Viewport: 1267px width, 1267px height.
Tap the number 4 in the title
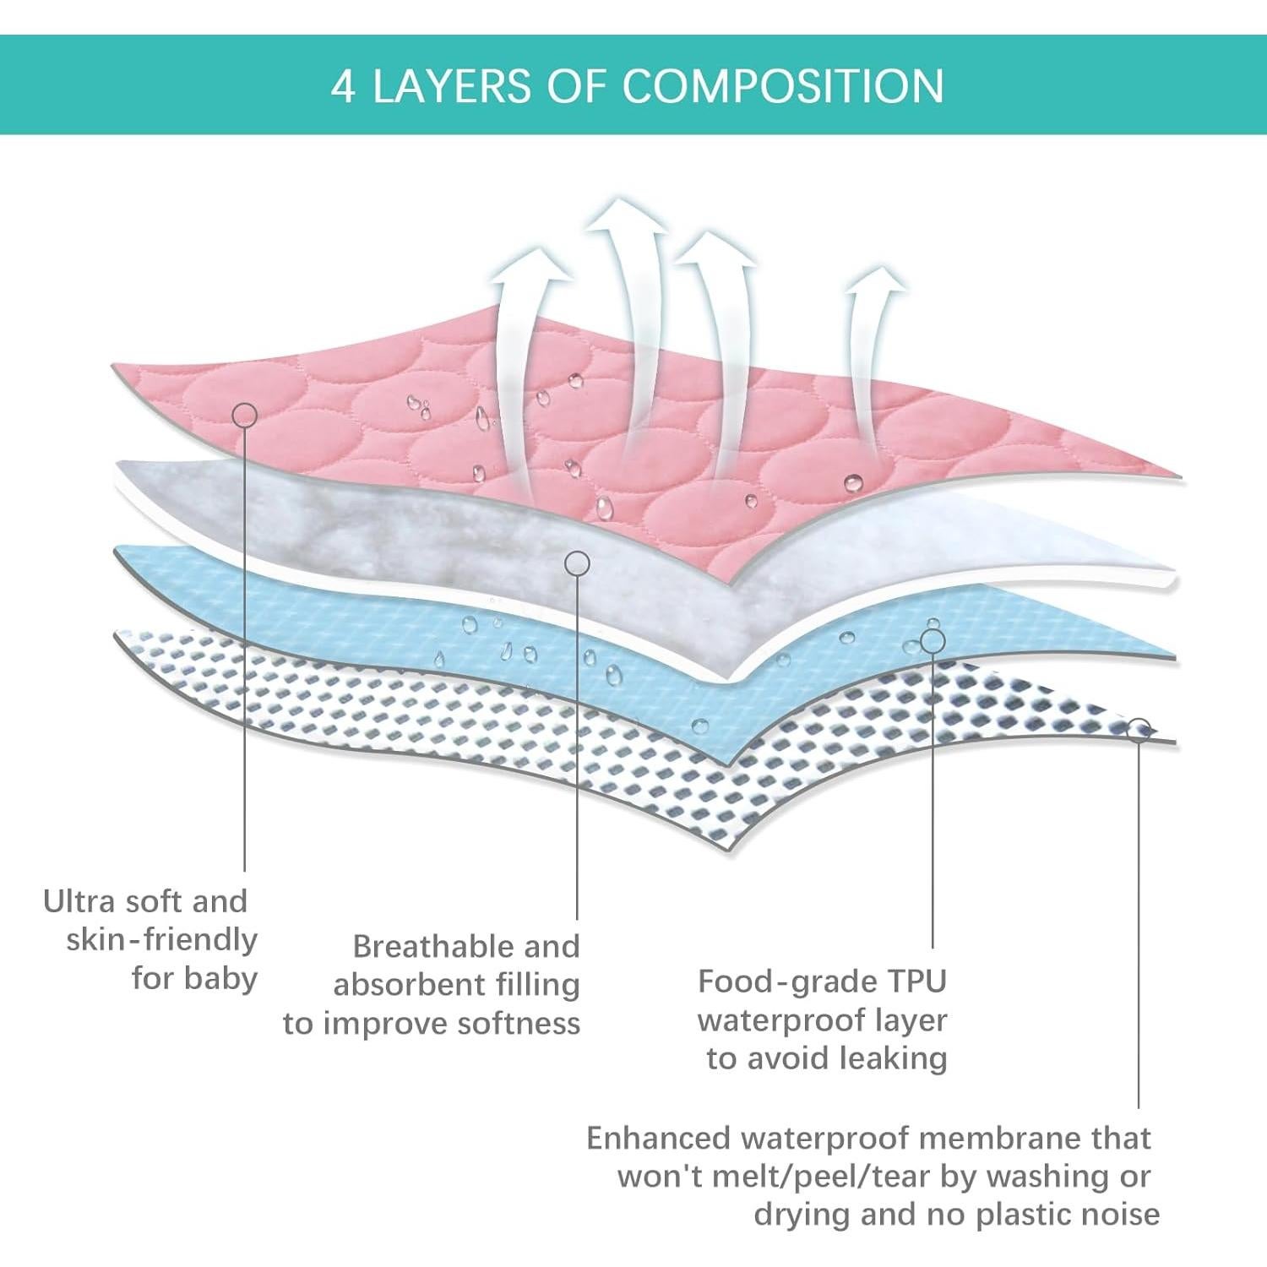click(x=343, y=86)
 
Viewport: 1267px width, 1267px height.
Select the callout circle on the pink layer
click(x=244, y=414)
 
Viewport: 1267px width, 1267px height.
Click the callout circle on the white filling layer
click(x=577, y=563)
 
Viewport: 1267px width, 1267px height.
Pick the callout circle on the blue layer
click(x=932, y=641)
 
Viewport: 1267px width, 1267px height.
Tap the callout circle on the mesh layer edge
click(x=1139, y=729)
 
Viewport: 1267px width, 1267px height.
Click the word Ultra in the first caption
click(x=78, y=901)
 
